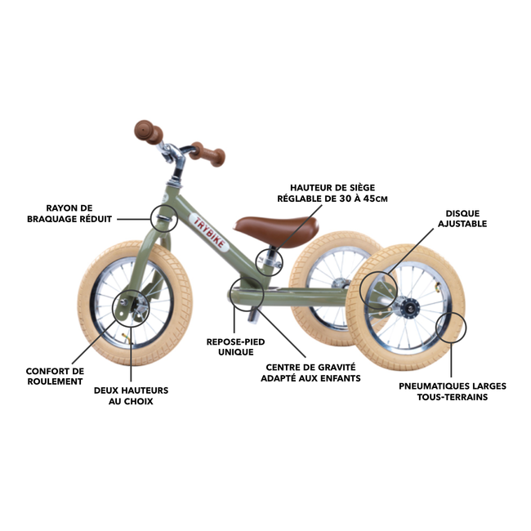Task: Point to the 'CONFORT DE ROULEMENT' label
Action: pyautogui.click(x=55, y=376)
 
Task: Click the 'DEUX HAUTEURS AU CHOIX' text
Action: pyautogui.click(x=123, y=395)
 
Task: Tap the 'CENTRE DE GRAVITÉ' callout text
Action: pyautogui.click(x=310, y=372)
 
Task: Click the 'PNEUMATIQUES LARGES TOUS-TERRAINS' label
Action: pyautogui.click(x=453, y=391)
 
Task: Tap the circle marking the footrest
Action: pyautogui.click(x=247, y=295)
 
